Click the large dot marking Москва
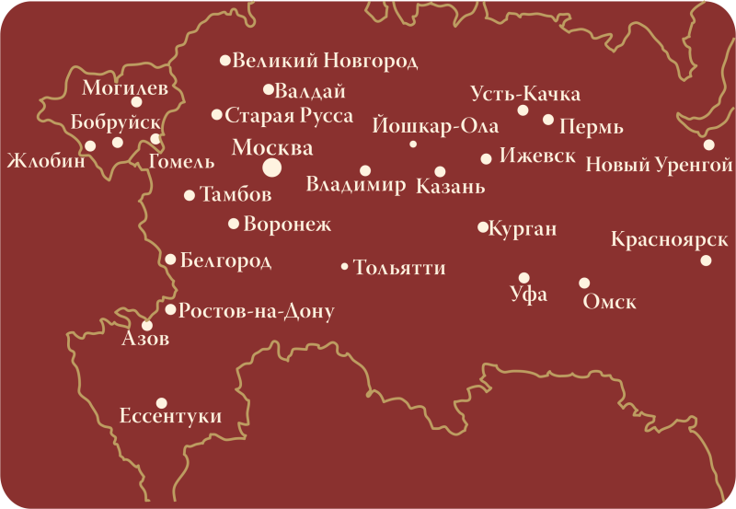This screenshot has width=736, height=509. [271, 167]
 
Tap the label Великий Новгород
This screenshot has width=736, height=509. [325, 62]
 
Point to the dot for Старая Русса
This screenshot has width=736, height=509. [217, 115]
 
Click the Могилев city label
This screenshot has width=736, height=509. [124, 88]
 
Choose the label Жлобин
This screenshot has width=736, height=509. [45, 161]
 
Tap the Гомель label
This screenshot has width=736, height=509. [180, 162]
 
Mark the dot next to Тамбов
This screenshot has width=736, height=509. [190, 195]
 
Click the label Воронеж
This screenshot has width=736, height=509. [287, 224]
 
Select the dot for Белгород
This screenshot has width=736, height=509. [170, 260]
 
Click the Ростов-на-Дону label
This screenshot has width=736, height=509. [256, 311]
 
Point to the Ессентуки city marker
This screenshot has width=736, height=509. [161, 402]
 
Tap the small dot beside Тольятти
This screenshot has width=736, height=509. [345, 267]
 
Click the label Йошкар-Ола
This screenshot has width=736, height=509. [436, 126]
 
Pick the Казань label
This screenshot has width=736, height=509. [450, 187]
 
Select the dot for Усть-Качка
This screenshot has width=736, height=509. [523, 110]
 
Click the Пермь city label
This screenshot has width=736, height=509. [591, 127]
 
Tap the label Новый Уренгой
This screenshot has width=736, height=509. [645, 166]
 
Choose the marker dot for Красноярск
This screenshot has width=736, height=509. [706, 260]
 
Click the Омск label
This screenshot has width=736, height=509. [609, 302]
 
